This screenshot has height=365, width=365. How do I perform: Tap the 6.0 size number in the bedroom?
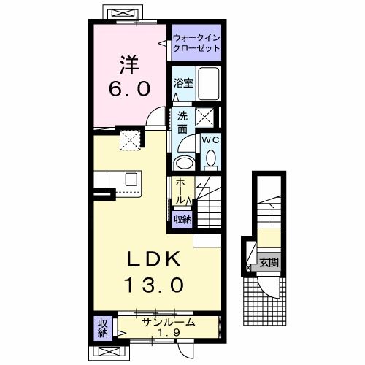[131, 89]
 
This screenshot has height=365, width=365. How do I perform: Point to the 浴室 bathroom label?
[182, 83]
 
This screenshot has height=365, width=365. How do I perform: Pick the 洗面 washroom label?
[182, 121]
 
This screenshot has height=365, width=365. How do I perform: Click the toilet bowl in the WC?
[210, 157]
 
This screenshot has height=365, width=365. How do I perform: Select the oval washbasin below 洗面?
[185, 161]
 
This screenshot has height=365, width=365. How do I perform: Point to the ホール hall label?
[180, 191]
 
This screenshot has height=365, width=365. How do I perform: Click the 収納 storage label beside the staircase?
[181, 218]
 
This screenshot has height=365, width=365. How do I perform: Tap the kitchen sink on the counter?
[131, 180]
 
